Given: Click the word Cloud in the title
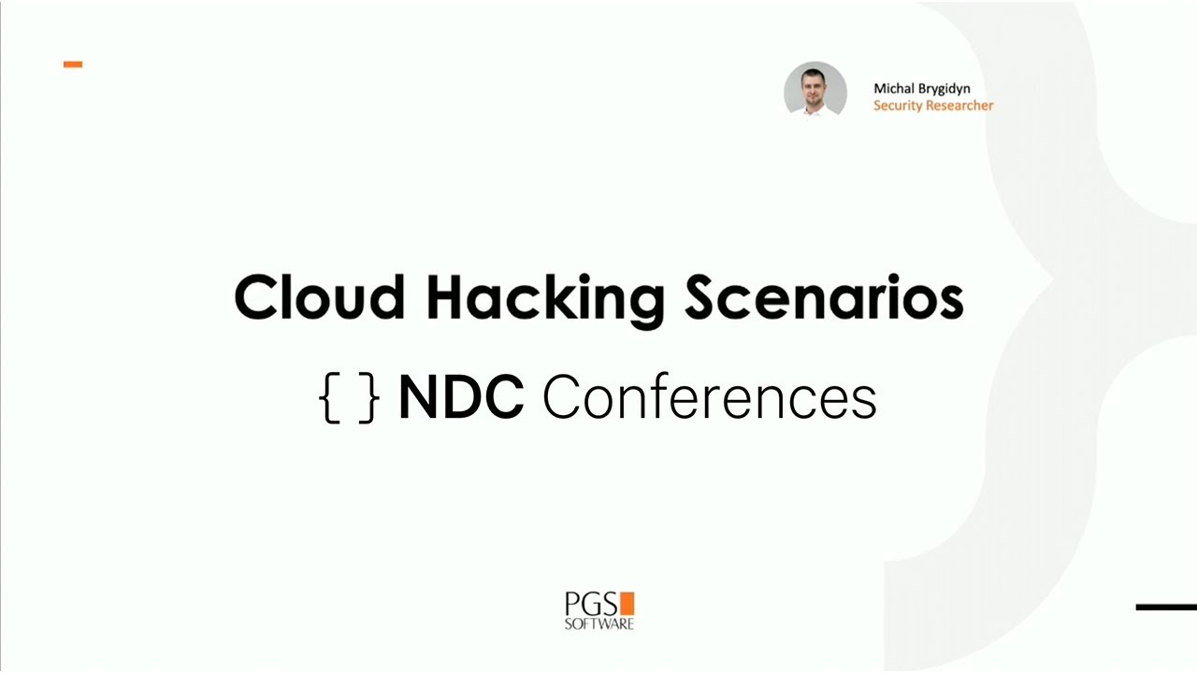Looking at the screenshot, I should (319, 297).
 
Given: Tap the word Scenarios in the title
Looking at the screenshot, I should (823, 297).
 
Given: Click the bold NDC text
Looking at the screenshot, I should (460, 397).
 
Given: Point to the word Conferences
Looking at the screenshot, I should (709, 397).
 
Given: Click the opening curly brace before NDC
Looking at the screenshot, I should (328, 398).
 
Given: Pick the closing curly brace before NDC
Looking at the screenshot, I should (369, 398).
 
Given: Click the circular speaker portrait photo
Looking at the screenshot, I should (815, 91).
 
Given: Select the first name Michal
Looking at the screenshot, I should (893, 89).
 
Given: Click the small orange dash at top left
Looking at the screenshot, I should (73, 64).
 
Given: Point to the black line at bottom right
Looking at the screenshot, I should (1166, 608).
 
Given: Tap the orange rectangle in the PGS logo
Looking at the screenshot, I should (627, 603).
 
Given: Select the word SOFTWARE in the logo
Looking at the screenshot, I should (598, 623).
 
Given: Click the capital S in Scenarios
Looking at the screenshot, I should (704, 297).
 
